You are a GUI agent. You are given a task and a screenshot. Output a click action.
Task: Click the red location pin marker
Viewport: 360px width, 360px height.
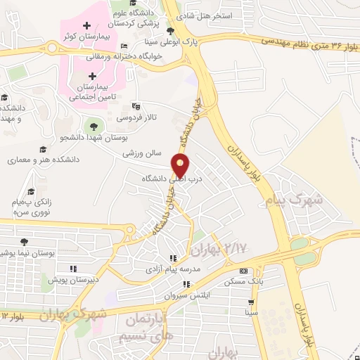pyautogui.click(x=181, y=165)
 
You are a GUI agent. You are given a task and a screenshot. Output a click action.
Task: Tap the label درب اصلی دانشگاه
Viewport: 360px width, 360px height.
pyautogui.click(x=172, y=179)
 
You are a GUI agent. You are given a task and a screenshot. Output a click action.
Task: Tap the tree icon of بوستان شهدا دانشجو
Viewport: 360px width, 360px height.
pyautogui.click(x=90, y=126)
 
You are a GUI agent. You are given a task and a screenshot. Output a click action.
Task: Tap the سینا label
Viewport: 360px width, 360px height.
pyautogui.click(x=251, y=311)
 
